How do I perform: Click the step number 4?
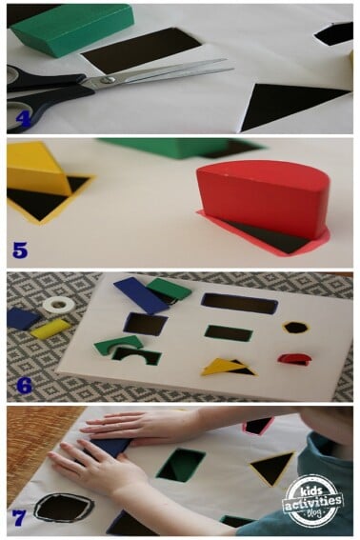pos(22,119)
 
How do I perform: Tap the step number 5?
pos(20,251)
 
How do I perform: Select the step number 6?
pos(20,387)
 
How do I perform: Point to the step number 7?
pos(19,520)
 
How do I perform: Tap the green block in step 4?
pos(71,28)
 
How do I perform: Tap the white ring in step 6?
pos(58,305)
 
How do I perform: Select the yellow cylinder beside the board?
pos(50,329)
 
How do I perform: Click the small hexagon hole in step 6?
pos(296,327)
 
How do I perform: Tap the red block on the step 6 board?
pos(294,358)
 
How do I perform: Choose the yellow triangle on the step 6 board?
pos(223,365)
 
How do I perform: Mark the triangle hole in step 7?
pos(271,467)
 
